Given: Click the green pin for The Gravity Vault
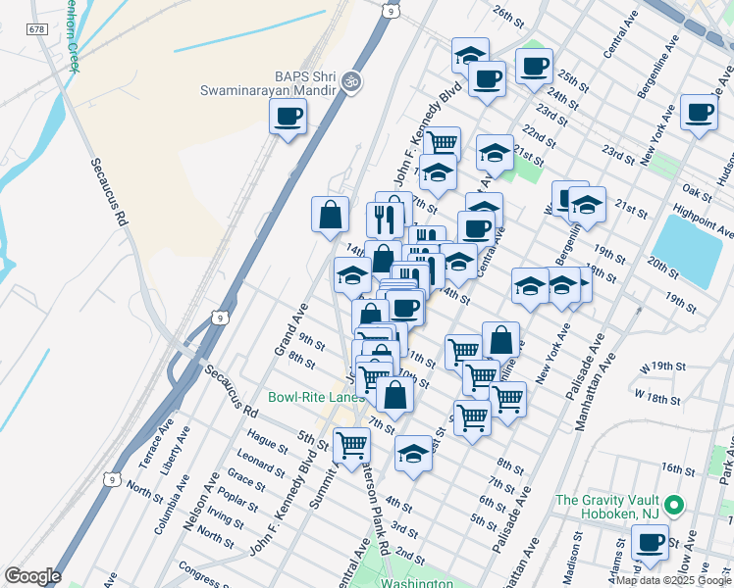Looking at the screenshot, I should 673,506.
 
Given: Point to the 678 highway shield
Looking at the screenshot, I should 38,31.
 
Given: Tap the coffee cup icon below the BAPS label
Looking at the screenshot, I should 288,118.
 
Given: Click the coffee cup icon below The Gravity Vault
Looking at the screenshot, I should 649,541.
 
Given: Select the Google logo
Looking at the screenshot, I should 32,576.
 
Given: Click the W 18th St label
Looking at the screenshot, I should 657,398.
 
